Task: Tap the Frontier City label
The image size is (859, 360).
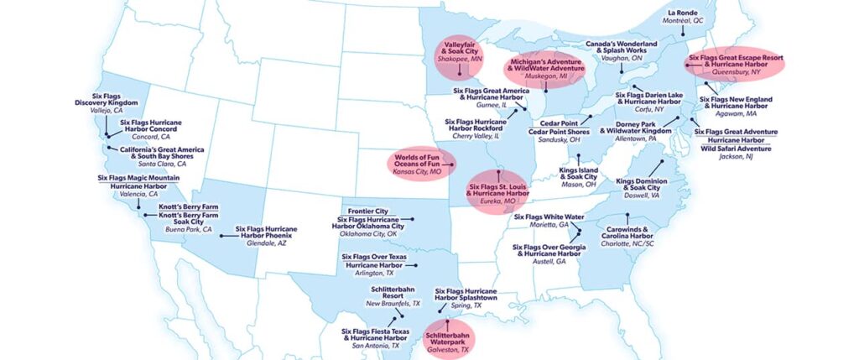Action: click(x=369, y=211)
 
